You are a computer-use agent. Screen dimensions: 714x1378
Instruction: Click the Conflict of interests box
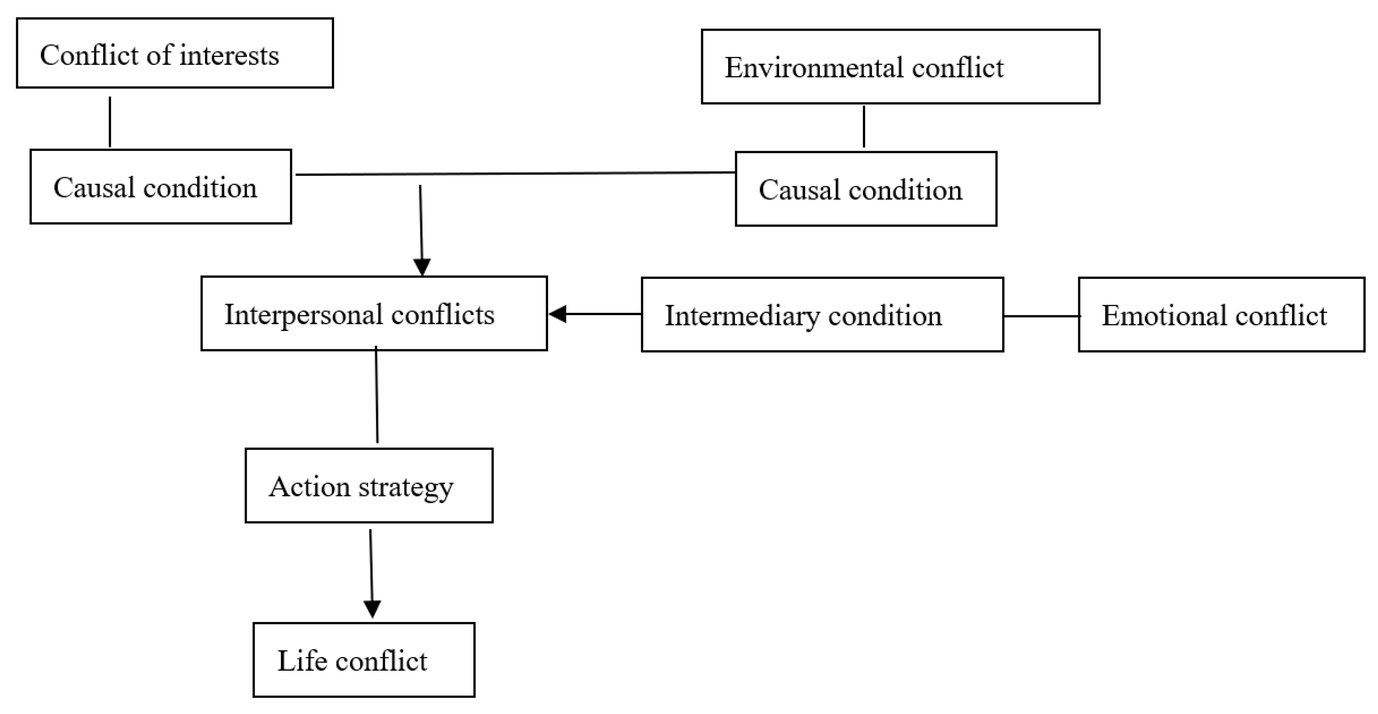(x=174, y=53)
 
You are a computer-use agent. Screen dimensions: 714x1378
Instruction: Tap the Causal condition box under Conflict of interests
(x=161, y=187)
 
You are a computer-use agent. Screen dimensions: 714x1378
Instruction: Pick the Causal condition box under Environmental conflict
(x=866, y=189)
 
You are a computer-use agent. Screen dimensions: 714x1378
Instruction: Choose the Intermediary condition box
(x=822, y=314)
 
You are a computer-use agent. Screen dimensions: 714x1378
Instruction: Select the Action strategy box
(x=369, y=486)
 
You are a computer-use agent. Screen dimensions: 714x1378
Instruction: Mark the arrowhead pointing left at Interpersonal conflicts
(x=558, y=314)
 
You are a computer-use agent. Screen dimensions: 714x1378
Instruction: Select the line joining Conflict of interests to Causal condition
(x=110, y=122)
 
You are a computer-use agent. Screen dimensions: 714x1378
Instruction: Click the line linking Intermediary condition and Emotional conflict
(x=1040, y=316)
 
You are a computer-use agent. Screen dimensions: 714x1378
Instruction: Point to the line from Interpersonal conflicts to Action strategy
(x=377, y=396)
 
